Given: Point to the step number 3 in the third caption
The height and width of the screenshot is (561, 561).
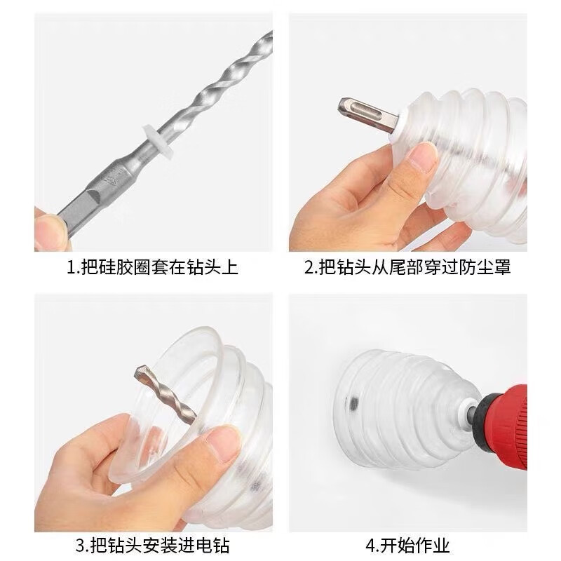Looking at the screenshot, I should point(79,545).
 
